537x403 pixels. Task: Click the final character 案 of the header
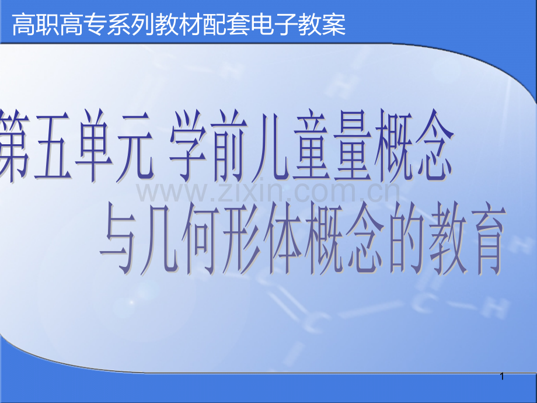click(334, 25)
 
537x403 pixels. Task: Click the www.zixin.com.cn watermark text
click(268, 191)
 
